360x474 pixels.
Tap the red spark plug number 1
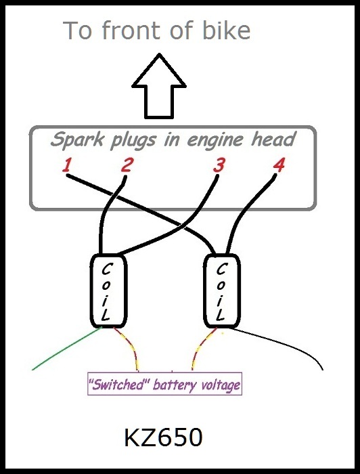point(67,165)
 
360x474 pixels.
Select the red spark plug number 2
point(127,165)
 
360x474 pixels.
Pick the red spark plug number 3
point(219,166)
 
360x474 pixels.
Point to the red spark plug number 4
point(279,165)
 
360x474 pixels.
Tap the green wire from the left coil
point(67,348)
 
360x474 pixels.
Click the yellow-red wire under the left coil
point(131,345)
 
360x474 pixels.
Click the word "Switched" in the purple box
point(119,385)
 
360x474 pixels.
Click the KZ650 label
point(163,438)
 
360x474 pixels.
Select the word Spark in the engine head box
point(77,140)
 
